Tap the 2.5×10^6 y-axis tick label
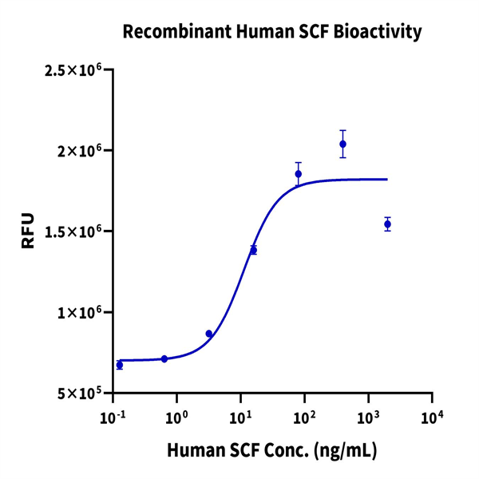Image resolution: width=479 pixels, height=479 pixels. point(77,71)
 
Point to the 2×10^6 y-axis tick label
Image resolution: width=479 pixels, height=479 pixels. point(83,151)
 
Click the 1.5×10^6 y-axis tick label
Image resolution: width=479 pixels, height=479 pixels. point(77,232)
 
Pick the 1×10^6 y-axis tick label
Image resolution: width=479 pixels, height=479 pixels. point(83,312)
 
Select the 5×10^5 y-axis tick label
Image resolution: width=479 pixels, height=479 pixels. point(83,394)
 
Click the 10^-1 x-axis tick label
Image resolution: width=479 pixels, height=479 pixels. point(113,418)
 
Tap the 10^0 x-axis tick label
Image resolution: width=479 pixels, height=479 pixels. point(176,418)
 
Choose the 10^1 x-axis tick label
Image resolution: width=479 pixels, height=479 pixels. point(240,418)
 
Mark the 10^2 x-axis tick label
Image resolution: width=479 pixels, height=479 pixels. point(304,418)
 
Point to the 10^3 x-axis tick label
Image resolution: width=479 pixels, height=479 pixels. point(368,418)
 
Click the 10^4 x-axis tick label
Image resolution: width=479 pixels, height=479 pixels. point(432,418)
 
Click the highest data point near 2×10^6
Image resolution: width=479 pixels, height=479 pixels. point(342,144)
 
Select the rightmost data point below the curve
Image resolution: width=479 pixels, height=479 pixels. point(387,224)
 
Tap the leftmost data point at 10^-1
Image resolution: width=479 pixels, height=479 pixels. point(120,365)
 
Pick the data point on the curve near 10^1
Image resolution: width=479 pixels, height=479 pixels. point(254,250)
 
